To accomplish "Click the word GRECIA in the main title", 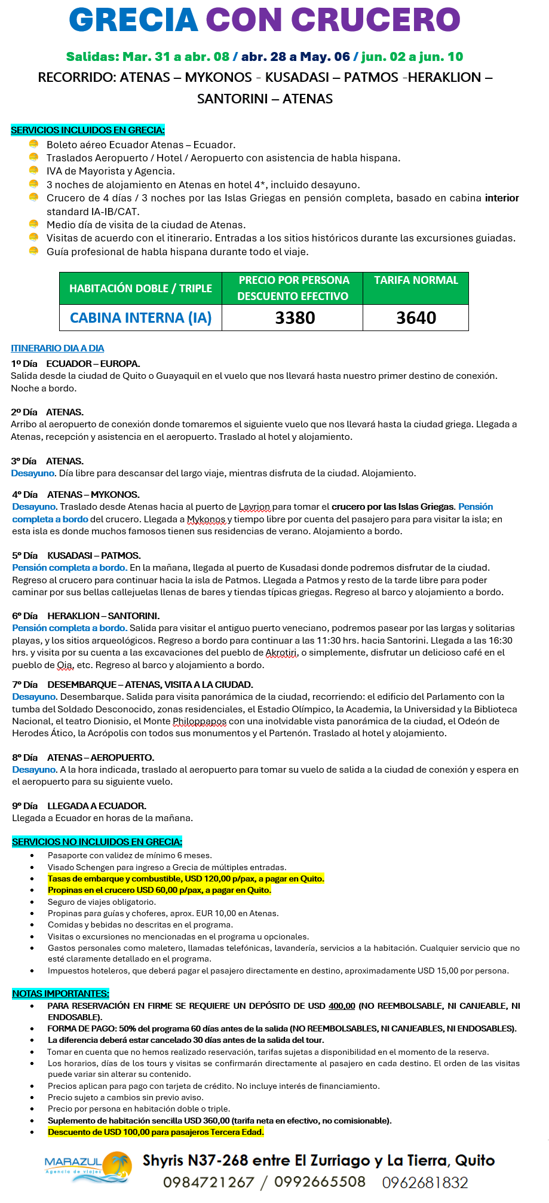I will tap(134, 21).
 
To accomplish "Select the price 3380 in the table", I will tap(295, 318).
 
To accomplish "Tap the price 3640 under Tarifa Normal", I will tap(416, 318).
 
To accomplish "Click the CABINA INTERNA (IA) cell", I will tap(140, 318).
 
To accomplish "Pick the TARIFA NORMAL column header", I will tap(416, 280).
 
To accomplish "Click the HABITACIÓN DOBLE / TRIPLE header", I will tap(140, 288).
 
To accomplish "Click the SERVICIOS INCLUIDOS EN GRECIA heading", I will tap(87, 130).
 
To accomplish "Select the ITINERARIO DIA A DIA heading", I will tap(57, 348).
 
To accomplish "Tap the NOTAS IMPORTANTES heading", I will tap(60, 993).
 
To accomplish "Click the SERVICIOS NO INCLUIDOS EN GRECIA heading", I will tap(97, 841).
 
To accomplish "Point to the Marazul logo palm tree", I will tap(118, 1167).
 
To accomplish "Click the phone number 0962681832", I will tap(425, 1182).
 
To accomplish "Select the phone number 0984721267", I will tap(208, 1182).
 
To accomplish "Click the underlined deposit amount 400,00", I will tap(341, 1006).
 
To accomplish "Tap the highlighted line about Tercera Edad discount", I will tap(155, 1132).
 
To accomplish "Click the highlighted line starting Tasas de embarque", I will tap(185, 878).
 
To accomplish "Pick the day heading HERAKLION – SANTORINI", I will tap(103, 616).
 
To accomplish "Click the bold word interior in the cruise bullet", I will tap(501, 198).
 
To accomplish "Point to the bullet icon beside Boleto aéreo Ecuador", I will tap(33, 144).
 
